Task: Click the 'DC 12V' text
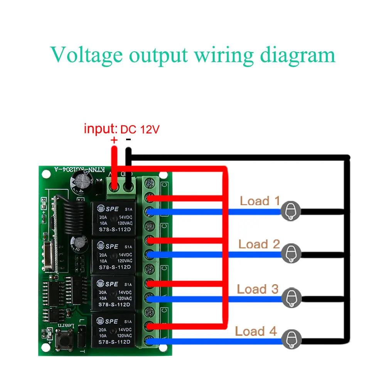140,130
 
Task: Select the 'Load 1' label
260,201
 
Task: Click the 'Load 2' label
259,244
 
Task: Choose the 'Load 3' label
257,289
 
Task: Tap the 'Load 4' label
256,331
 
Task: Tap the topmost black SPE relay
113,217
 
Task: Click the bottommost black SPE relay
113,331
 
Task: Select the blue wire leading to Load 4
216,340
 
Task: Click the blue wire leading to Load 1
216,211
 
